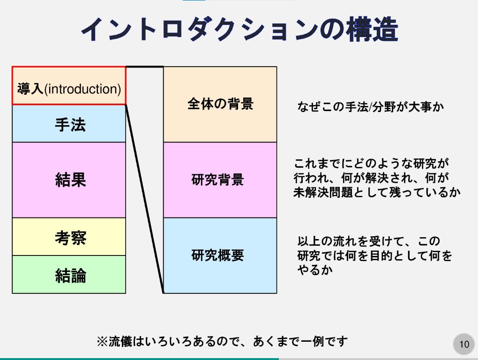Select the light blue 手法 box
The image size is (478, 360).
(x=69, y=124)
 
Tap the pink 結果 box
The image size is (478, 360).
(x=69, y=180)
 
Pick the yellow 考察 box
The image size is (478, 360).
(x=69, y=237)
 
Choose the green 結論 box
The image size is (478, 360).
(x=69, y=275)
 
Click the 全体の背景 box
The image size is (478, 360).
(x=220, y=104)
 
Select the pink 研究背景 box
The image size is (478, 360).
(x=220, y=180)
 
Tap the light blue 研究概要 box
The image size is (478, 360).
(x=220, y=255)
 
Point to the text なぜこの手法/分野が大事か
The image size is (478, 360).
(x=370, y=107)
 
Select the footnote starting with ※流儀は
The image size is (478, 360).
(x=222, y=341)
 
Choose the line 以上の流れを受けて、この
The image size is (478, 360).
(x=369, y=242)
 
